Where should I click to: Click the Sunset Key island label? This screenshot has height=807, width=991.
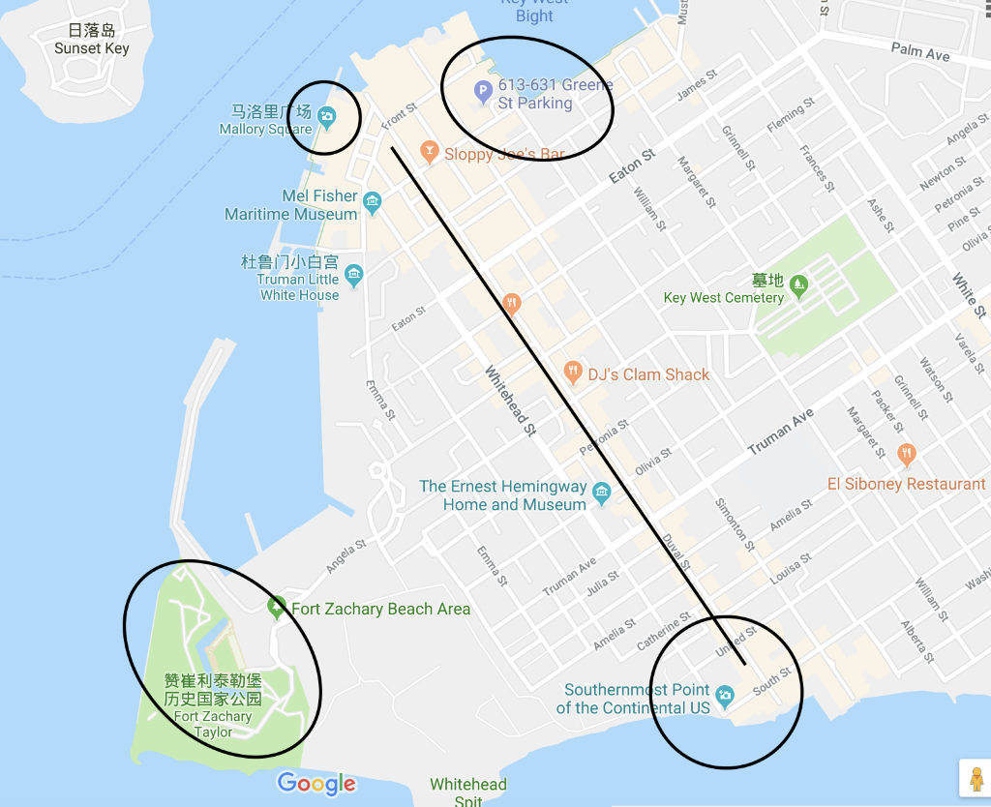point(91,48)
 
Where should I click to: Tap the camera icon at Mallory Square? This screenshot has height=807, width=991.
point(327,118)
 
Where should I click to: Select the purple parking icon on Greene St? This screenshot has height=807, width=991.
point(482,94)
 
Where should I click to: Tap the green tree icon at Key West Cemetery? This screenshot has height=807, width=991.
point(798,284)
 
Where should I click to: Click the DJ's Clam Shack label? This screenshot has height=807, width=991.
point(648,374)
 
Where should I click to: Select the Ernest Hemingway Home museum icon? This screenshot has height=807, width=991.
point(601,494)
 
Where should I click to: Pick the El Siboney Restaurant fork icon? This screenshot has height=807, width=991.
point(906,454)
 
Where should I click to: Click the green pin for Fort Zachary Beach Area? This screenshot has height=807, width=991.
point(276,608)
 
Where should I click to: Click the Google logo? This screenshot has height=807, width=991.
point(316,784)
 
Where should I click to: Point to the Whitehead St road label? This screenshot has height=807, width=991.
point(509,401)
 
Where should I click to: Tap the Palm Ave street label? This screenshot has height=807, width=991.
point(920,52)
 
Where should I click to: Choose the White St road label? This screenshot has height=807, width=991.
point(968,295)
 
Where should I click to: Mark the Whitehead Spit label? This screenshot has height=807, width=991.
point(468,792)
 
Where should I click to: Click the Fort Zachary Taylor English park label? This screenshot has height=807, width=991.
point(213,724)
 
